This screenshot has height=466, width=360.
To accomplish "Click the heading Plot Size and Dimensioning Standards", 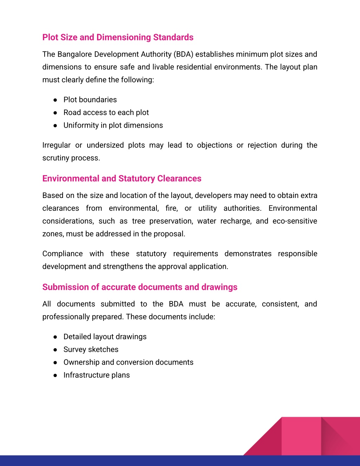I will click(x=118, y=37).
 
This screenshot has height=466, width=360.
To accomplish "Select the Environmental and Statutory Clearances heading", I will click(x=122, y=178).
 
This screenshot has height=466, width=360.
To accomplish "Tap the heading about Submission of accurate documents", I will click(x=140, y=287).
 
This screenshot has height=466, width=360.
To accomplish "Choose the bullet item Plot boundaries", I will click(x=90, y=100).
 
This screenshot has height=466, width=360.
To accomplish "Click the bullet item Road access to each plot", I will click(x=106, y=113).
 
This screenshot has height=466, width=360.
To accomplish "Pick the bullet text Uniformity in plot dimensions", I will click(x=113, y=125).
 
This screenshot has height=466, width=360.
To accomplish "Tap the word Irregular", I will click(x=56, y=145).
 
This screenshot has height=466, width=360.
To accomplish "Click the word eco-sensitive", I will click(x=295, y=221).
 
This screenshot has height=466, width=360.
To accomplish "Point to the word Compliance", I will click(x=63, y=254).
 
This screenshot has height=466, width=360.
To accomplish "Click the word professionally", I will click(x=65, y=317).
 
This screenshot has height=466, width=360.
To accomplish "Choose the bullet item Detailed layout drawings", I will click(x=105, y=337).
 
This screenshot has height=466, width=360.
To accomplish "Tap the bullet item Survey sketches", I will click(x=91, y=349).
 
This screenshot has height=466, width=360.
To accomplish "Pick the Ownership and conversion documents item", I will click(x=128, y=362).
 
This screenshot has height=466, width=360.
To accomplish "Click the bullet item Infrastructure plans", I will click(x=96, y=375).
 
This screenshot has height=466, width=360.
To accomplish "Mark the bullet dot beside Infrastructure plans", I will click(x=55, y=375).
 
